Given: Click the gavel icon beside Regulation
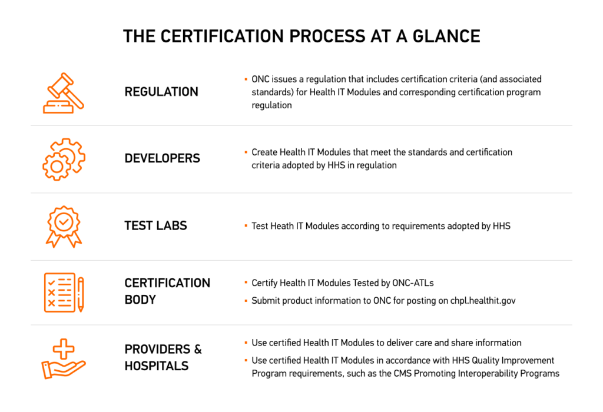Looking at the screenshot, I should (x=64, y=92).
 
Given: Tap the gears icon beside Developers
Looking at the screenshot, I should (x=64, y=159).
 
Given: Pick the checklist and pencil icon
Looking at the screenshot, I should (x=64, y=292).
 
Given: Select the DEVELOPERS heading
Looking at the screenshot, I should (x=162, y=158).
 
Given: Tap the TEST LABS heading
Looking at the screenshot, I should (x=155, y=226).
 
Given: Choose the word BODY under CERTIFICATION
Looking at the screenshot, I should (x=140, y=300).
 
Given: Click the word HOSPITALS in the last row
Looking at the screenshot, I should (x=157, y=366).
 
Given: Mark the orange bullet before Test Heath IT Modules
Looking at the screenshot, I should (x=246, y=226).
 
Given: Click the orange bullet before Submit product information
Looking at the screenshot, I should (x=246, y=301).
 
